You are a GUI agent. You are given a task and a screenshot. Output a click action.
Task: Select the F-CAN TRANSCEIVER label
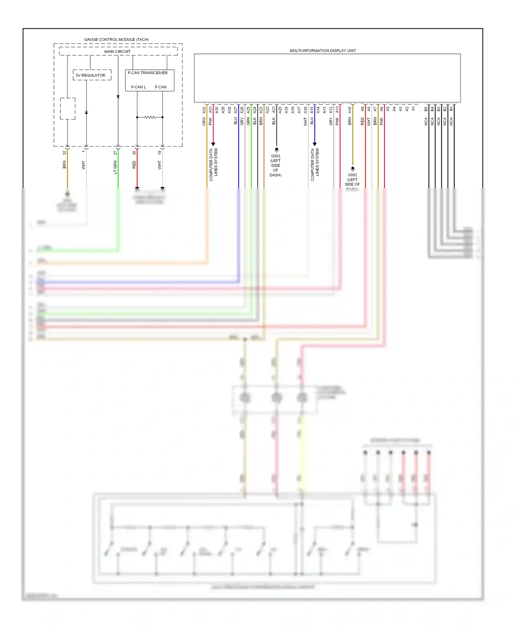[148, 73]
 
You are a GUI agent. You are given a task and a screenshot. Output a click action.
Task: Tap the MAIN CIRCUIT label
[117, 52]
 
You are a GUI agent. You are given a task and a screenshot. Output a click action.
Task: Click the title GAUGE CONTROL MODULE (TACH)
[116, 40]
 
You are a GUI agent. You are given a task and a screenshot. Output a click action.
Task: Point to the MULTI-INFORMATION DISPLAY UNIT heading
[322, 51]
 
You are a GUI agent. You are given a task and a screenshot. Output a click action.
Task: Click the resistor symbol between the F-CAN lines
[150, 117]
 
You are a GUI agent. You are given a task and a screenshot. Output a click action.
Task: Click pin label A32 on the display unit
[204, 110]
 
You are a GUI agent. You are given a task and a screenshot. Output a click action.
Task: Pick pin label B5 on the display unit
[426, 109]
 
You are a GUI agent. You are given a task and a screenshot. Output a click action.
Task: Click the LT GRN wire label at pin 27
[115, 167]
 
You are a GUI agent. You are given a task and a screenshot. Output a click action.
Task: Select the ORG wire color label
[204, 121]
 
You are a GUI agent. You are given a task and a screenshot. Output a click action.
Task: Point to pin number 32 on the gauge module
[64, 153]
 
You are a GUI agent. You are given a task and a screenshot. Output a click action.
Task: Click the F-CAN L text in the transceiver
[138, 87]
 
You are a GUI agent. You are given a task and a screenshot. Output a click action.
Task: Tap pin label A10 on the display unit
[350, 110]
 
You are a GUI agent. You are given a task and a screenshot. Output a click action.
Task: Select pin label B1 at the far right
[451, 109]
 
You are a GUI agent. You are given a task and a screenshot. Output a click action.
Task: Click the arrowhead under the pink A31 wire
[213, 144]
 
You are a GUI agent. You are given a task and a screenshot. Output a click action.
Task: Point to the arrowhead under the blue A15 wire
[314, 144]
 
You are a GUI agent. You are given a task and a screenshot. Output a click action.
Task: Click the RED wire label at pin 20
[134, 165]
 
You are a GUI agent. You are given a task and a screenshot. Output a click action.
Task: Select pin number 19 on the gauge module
[160, 153]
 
